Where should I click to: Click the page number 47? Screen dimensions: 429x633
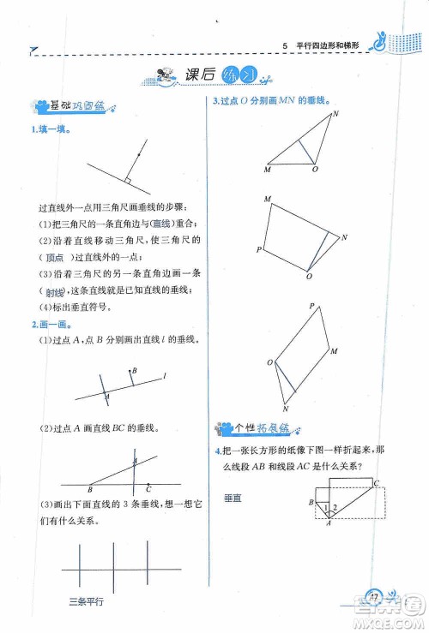click(374, 596)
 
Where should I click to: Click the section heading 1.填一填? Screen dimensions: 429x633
click(51, 128)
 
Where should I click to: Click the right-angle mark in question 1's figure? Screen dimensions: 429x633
click(127, 182)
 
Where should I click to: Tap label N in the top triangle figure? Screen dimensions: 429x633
click(335, 113)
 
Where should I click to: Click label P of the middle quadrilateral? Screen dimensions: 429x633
click(258, 249)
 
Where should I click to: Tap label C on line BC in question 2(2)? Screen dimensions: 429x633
click(149, 491)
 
